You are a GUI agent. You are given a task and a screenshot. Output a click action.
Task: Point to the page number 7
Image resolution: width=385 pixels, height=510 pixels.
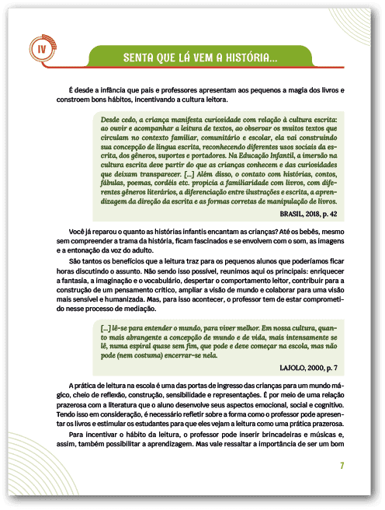pos(342,466)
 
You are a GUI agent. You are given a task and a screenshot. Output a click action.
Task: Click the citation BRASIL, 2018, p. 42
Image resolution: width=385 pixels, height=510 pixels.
pos(307,211)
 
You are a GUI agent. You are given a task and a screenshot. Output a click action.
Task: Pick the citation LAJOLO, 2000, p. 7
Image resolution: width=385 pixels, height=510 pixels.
pos(308,365)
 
